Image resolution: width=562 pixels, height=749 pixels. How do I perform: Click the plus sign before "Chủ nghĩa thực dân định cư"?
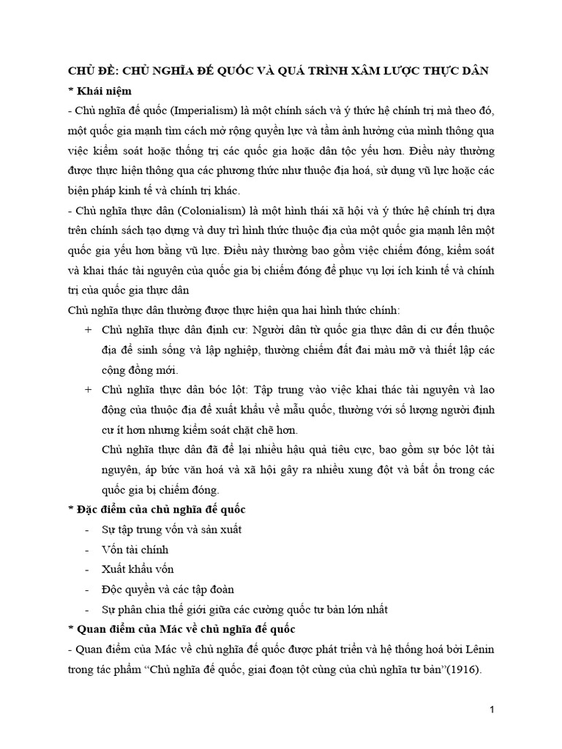click(x=89, y=329)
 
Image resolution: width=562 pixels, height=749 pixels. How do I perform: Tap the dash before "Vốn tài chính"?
click(x=88, y=549)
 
